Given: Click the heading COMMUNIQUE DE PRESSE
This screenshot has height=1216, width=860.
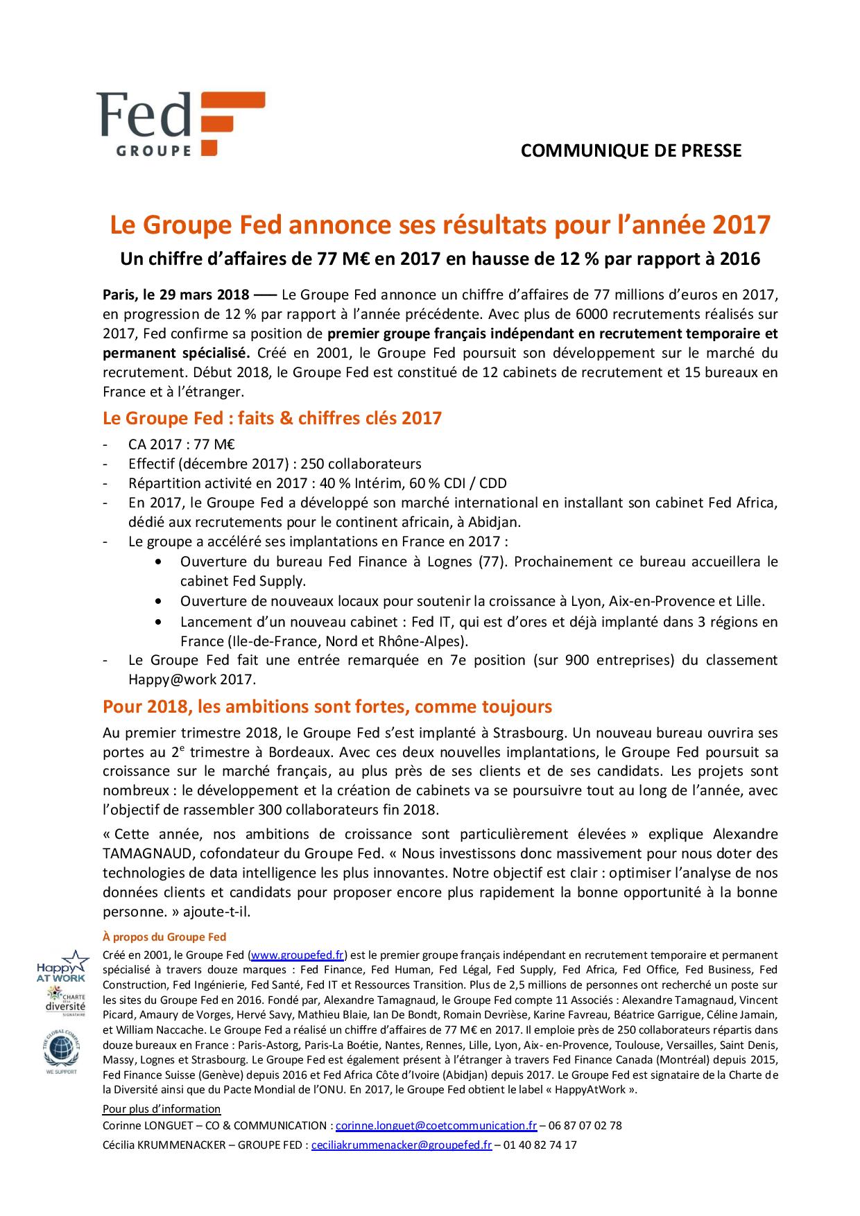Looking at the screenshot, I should coord(630,150).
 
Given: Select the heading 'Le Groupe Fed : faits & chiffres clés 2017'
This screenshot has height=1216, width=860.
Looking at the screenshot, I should coord(272,418).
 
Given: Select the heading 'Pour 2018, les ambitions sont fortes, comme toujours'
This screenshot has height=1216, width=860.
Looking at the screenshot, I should coord(327,706).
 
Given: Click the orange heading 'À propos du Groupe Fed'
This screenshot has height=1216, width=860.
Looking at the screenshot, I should coord(164,937).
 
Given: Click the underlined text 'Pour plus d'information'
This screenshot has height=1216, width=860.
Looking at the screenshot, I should coord(162,1109).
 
